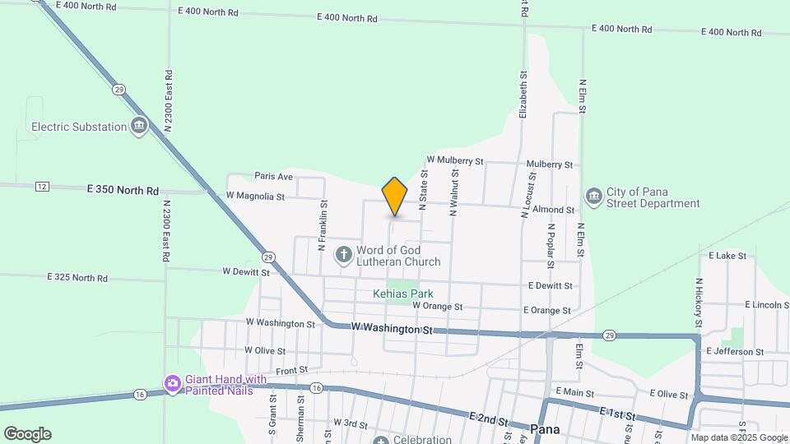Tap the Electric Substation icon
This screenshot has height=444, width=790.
(x=139, y=127)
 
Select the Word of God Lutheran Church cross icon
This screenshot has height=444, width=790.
(x=344, y=256)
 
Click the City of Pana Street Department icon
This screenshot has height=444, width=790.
(x=593, y=197)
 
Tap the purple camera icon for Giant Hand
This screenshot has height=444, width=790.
(x=172, y=384)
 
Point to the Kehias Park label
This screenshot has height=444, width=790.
(x=402, y=294)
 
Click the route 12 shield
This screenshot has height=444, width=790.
(x=42, y=187)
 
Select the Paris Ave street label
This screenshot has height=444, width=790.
(x=274, y=176)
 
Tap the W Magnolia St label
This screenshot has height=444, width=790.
(x=254, y=197)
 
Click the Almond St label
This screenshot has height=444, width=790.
(x=552, y=210)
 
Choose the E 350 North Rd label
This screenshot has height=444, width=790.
(x=123, y=190)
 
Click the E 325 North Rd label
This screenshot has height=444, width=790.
(x=78, y=278)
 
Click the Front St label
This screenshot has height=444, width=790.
(x=291, y=371)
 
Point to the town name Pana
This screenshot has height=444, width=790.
(x=546, y=428)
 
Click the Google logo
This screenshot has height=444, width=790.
(x=27, y=434)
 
